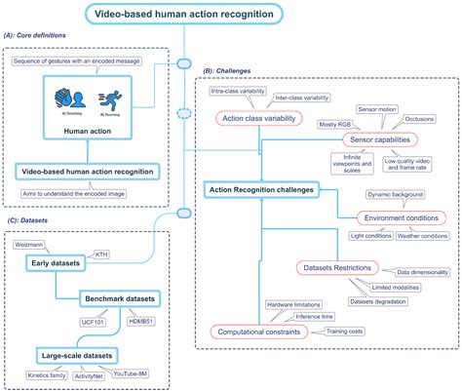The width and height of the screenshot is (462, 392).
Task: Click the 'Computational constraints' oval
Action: (x=258, y=332)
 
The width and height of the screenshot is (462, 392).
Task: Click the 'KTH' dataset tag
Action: (x=100, y=255)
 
